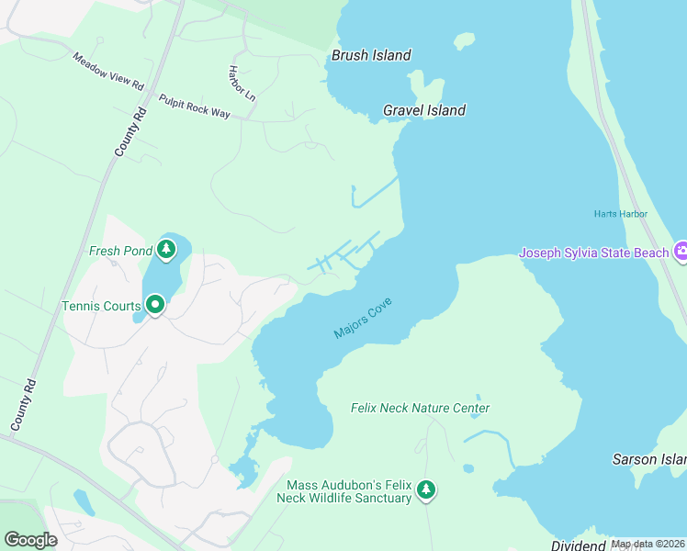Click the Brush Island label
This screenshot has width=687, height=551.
(371, 56)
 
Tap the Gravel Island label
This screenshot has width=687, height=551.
(424, 111)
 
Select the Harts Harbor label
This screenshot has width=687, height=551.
(620, 215)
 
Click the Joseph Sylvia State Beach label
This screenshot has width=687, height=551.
(594, 253)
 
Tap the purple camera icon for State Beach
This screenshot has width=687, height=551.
(681, 251)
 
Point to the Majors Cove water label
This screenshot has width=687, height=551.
(364, 322)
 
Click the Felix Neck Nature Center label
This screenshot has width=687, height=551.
(420, 409)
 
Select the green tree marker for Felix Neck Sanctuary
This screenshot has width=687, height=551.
(425, 490)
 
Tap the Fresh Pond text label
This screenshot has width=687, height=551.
(119, 251)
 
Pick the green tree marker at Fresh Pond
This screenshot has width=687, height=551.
(165, 249)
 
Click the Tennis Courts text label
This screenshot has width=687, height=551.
(100, 306)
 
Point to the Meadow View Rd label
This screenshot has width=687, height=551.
(109, 72)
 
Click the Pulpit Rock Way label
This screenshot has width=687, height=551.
(193, 107)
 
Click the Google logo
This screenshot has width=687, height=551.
(30, 540)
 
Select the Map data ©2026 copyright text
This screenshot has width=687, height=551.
(648, 544)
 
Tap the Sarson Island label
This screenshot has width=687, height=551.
(649, 458)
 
